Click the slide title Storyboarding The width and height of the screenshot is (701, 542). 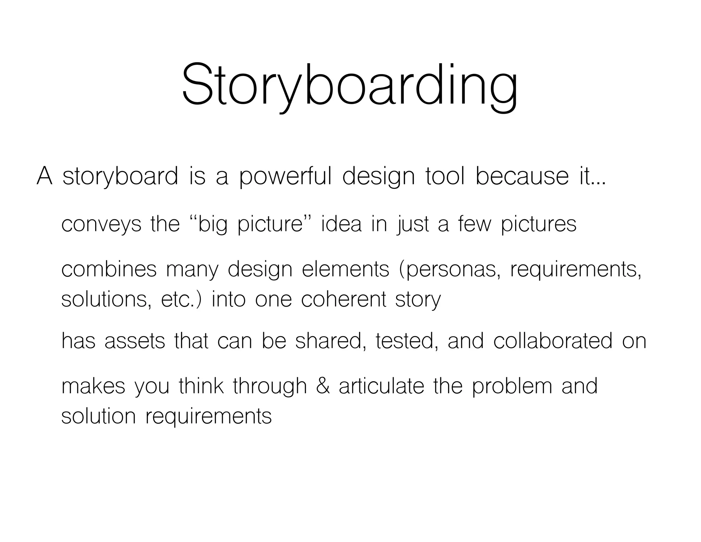[x=350, y=86]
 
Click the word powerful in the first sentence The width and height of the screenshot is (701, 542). [x=285, y=177]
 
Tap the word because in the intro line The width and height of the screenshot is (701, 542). [x=522, y=176]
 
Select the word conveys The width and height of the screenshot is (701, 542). [x=101, y=225]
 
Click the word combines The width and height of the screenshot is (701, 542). [x=109, y=269]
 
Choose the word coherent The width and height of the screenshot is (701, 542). [x=343, y=299]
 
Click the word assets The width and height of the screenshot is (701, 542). [x=135, y=341]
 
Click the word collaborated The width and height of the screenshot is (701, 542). [x=552, y=341]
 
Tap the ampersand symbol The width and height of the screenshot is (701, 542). [x=323, y=386]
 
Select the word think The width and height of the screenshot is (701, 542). [x=201, y=386]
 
